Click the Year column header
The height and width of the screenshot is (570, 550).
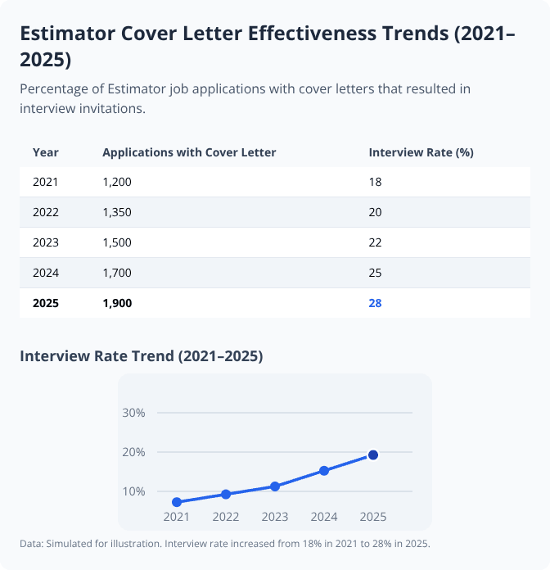(46, 152)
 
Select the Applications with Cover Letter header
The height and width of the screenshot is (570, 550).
(189, 152)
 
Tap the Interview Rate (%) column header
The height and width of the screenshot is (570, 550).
(422, 152)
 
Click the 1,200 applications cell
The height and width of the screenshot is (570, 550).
(116, 183)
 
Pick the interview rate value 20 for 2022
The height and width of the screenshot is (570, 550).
(376, 212)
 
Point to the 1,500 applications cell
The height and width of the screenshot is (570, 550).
(116, 242)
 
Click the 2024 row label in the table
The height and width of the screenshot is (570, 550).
(46, 273)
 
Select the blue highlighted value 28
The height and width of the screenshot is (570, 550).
(376, 303)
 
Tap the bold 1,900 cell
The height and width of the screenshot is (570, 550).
(117, 303)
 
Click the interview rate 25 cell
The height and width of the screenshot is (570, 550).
(376, 273)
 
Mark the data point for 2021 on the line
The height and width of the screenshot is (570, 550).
(177, 502)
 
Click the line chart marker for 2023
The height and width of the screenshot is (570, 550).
(275, 486)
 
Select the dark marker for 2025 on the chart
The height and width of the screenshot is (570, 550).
(373, 455)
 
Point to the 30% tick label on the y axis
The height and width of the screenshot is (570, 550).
(133, 413)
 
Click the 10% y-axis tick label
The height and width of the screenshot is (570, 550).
(133, 491)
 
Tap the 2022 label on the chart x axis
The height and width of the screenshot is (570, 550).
(226, 518)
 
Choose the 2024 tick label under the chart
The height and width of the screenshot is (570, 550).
(324, 518)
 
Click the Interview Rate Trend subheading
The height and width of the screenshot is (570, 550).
(141, 356)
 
